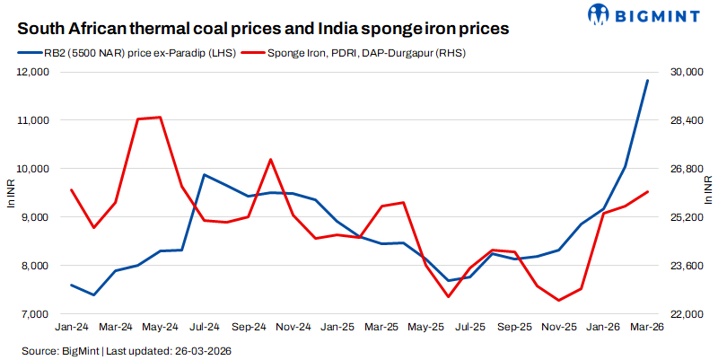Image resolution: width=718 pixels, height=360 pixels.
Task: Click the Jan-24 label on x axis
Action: coord(72,328)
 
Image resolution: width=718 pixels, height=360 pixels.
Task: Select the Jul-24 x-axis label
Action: coord(205,328)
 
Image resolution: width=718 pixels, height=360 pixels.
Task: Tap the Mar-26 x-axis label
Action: coord(647,328)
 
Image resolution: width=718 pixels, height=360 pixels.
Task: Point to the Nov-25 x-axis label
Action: coord(559,328)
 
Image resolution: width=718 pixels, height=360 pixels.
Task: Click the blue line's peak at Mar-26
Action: coord(647,81)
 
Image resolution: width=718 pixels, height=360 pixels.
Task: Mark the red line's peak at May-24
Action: coord(160,117)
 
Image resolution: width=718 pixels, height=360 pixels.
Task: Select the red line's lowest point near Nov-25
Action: coord(559,301)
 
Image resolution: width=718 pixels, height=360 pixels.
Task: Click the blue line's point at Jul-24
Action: coord(205,174)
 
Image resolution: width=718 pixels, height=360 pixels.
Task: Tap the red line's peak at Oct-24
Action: coord(271,159)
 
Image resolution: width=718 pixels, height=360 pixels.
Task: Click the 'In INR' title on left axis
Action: coord(12,193)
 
